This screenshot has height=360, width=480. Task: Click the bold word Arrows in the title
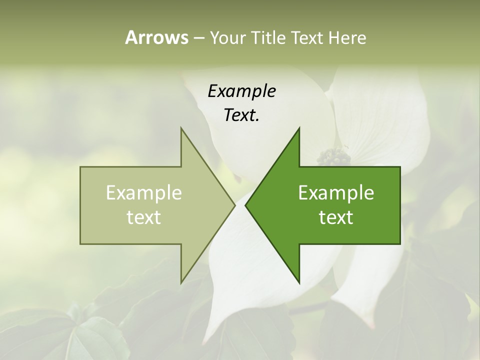pos(156,37)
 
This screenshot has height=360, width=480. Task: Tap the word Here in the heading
pos(347,38)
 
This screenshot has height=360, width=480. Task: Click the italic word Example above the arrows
pos(241,91)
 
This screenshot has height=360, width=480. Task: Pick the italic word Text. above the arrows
pos(241,115)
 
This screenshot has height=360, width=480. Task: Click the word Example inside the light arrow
pos(144,193)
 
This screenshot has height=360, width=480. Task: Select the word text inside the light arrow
pos(144,217)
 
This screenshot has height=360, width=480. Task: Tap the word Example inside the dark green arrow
pos(336,193)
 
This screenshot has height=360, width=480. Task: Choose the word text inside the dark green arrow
pos(336,217)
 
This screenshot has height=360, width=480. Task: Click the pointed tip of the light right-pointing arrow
pos(235,205)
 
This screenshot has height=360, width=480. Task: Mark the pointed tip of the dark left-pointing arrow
pos(245,205)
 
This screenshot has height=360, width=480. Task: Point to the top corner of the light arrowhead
pos(181,128)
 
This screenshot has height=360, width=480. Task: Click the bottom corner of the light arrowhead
pos(181,283)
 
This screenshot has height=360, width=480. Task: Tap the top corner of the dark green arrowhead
pos(299,128)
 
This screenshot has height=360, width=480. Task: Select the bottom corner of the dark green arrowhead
pos(299,283)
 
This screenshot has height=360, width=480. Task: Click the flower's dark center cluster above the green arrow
pos(333,156)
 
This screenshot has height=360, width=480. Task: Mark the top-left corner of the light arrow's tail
pos(80,167)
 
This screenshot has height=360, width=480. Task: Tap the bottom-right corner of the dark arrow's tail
pos(400,244)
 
